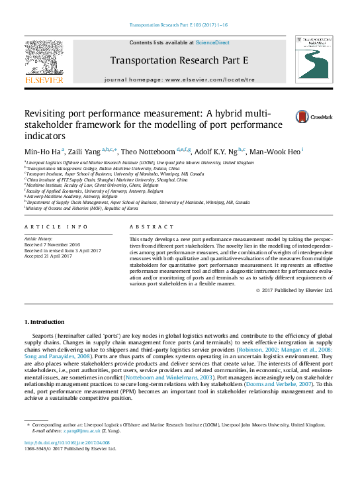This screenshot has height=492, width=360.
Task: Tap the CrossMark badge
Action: pyautogui.click(x=313, y=117)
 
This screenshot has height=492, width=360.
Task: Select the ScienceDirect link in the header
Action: pyautogui.click(x=212, y=42)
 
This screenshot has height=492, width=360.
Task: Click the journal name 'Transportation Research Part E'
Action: pyautogui.click(x=179, y=60)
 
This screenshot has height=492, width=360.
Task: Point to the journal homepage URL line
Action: pyautogui.click(x=179, y=79)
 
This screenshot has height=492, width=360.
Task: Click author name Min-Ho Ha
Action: pyautogui.click(x=43, y=151)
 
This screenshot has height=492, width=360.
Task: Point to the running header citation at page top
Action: pyautogui.click(x=179, y=25)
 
